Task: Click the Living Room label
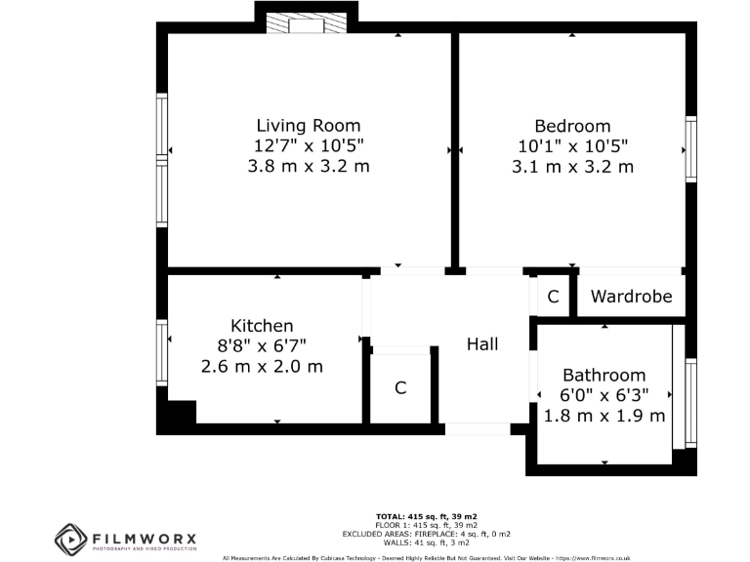[308, 126]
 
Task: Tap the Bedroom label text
[572, 127]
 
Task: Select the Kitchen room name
[262, 326]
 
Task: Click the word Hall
[482, 344]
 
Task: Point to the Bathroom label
[604, 376]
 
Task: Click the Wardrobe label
[631, 297]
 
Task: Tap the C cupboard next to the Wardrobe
[553, 297]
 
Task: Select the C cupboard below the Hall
[400, 388]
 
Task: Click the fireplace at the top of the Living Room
[306, 23]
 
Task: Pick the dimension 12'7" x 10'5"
[308, 146]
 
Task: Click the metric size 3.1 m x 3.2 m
[572, 167]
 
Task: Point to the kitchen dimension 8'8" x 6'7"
[262, 346]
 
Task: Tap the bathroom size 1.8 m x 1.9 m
[604, 416]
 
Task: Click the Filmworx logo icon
[71, 540]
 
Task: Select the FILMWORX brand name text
[144, 537]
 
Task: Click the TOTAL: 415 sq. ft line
[426, 515]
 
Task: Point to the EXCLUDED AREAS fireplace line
[426, 534]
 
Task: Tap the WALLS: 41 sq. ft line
[426, 542]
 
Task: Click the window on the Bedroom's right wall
[691, 149]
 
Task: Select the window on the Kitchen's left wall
[162, 352]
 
